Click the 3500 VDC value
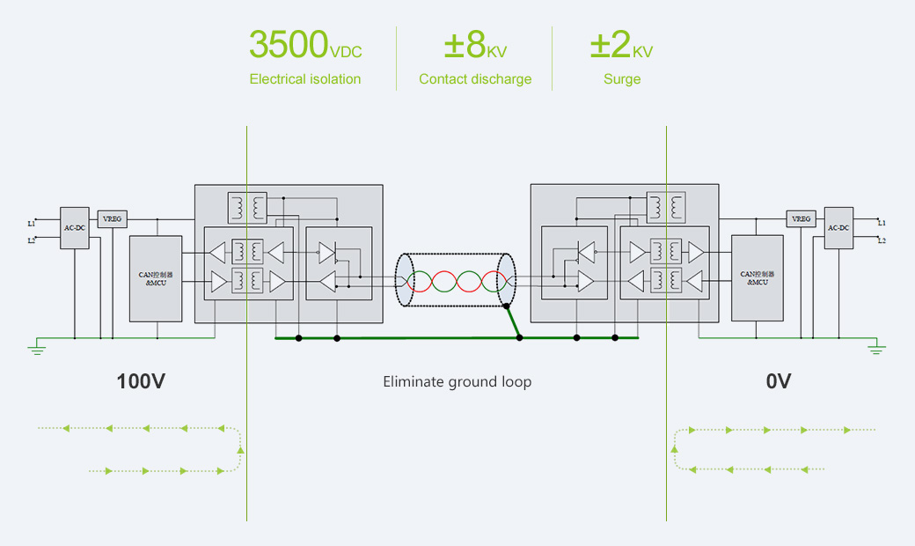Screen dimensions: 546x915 tap(304, 44)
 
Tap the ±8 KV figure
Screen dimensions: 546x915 tap(475, 44)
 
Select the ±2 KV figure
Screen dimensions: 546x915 tap(621, 44)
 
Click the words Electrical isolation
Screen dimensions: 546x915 tap(304, 79)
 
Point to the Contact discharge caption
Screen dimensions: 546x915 tap(475, 79)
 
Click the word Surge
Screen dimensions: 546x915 tap(621, 79)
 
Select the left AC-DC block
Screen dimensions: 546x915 tap(74, 228)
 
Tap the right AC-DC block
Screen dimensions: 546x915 tap(838, 228)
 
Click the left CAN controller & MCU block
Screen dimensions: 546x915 tap(156, 277)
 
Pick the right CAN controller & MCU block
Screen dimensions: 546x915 tap(757, 277)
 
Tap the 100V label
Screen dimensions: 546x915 tap(141, 381)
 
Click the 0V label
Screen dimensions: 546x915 tap(778, 381)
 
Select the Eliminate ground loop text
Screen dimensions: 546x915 tap(457, 381)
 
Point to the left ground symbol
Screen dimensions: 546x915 tap(37, 348)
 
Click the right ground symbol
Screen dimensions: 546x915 tap(876, 348)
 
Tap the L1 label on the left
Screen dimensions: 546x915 tap(32, 224)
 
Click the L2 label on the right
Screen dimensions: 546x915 tap(882, 240)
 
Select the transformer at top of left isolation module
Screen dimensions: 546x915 tap(248, 207)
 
